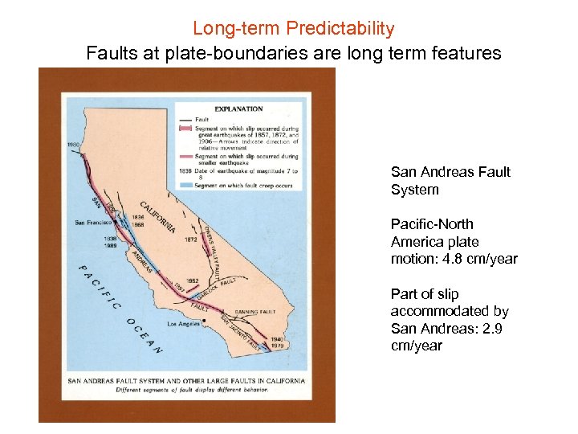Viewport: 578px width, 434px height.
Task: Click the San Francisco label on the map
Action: tap(95, 222)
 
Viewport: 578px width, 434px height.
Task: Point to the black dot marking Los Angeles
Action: tap(205, 321)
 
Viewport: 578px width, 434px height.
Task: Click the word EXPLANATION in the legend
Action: tap(238, 108)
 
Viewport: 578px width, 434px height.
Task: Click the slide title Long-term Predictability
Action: tap(293, 29)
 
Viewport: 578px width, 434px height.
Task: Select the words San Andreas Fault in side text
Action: tap(450, 172)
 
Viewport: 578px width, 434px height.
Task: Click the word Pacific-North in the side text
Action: tap(432, 224)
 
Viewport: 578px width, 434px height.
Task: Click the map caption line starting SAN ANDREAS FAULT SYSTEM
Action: tap(185, 380)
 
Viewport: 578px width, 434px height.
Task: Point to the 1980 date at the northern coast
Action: tap(74, 145)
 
